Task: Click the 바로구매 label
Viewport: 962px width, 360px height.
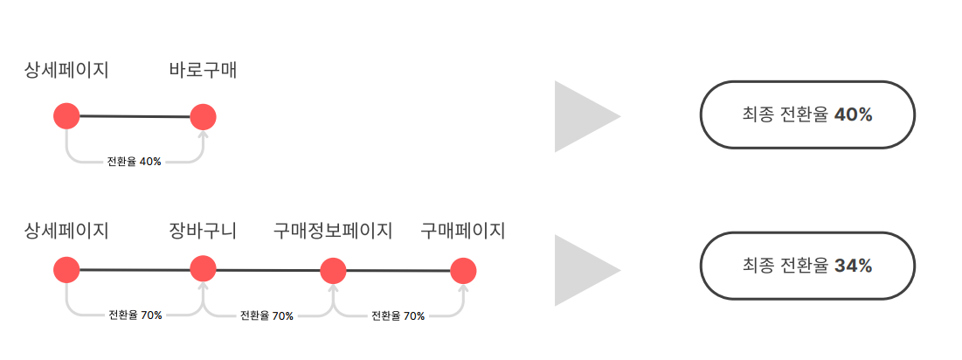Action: pos(203,71)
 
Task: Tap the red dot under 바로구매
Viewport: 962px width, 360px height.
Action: pos(203,116)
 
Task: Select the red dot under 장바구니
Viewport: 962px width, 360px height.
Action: pos(203,268)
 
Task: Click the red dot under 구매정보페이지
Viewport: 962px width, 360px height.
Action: pos(333,271)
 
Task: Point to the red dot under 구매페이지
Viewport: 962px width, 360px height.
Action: pos(463,271)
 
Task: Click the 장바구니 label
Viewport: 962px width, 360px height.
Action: pos(203,231)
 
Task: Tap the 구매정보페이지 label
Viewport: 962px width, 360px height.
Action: pos(333,231)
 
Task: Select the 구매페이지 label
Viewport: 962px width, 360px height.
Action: pos(463,231)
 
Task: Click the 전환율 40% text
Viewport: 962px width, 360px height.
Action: pos(134,162)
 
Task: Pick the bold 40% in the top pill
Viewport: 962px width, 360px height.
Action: pos(853,114)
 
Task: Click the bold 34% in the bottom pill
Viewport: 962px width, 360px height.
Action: pos(853,266)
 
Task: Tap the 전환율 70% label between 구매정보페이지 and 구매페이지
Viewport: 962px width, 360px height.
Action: pos(398,315)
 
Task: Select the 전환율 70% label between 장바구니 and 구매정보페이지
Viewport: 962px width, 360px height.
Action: pos(266,315)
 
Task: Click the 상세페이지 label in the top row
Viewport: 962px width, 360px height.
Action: pos(66,71)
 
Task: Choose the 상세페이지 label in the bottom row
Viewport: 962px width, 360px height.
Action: pos(66,231)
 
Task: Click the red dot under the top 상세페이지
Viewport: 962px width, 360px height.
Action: pos(66,115)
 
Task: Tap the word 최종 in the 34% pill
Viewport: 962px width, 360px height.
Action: pos(757,266)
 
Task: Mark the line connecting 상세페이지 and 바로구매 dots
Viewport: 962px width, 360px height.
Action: pos(135,116)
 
